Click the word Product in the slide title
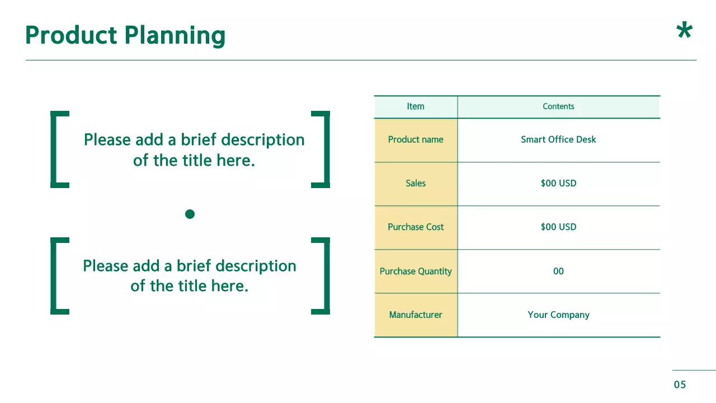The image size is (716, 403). [x=71, y=35]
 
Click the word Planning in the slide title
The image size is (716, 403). [x=175, y=36]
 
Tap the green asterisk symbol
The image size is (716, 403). [x=684, y=31]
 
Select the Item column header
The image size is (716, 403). [x=416, y=106]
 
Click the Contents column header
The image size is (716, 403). [x=558, y=106]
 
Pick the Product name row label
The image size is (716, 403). [x=416, y=139]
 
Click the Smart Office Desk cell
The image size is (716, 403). [x=558, y=139]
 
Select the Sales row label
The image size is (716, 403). [x=416, y=183]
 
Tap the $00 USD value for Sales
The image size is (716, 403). [x=558, y=183]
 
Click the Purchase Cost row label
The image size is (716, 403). [x=416, y=227]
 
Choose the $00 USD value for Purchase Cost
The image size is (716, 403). [x=558, y=227]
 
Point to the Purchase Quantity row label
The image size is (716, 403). [x=416, y=271]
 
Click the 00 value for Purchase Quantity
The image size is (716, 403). [x=558, y=271]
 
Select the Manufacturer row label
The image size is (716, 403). [x=416, y=315]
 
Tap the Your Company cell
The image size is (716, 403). [x=558, y=315]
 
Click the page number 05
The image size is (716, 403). [x=680, y=385]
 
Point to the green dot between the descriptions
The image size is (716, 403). [x=190, y=214]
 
